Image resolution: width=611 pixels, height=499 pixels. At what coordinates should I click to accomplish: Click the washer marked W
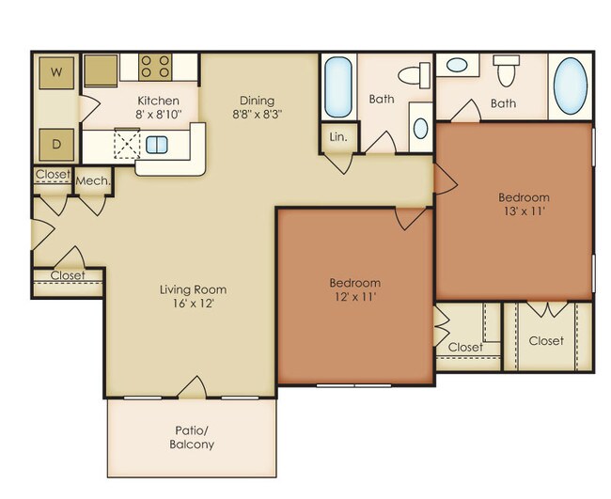coord(56,71)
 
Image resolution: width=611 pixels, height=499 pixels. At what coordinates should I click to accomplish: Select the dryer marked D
coord(56,145)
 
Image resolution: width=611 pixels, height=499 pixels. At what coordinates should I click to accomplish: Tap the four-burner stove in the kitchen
coord(156,67)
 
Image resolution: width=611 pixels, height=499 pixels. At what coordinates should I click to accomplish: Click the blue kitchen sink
coord(156,145)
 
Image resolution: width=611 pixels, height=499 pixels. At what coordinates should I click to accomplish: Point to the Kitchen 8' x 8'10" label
coord(159,107)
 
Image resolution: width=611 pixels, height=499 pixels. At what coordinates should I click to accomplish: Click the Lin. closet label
coord(337,136)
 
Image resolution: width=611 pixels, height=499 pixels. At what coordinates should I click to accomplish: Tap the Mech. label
coord(93,180)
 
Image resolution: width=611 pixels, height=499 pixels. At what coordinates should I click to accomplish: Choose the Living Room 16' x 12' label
coord(193,296)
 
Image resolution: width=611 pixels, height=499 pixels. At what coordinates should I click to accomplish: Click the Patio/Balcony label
coord(192,438)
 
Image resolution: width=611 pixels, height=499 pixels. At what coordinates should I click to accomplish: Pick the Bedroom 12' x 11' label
coord(354,289)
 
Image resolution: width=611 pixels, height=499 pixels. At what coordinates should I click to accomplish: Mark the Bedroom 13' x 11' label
coord(524,205)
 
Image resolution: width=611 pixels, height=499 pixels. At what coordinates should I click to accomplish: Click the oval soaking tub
coord(570,86)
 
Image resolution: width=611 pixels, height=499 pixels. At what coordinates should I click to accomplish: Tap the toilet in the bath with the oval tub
coord(508,70)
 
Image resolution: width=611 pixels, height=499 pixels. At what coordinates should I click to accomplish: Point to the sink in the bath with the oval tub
coord(458,67)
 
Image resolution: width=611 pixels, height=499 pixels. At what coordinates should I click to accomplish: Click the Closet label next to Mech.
coord(52,175)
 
